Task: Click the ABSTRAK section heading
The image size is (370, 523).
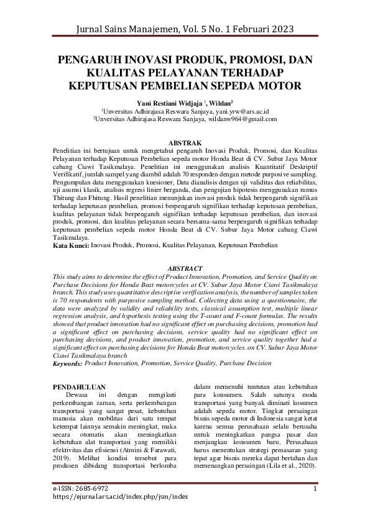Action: (185, 143)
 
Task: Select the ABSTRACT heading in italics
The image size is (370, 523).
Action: (185, 268)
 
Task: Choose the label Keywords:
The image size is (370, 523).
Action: (68, 363)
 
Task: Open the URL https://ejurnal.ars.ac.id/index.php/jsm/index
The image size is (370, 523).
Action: (120, 497)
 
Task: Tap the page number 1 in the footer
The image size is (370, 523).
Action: (315, 488)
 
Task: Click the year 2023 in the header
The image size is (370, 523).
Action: (276, 29)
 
